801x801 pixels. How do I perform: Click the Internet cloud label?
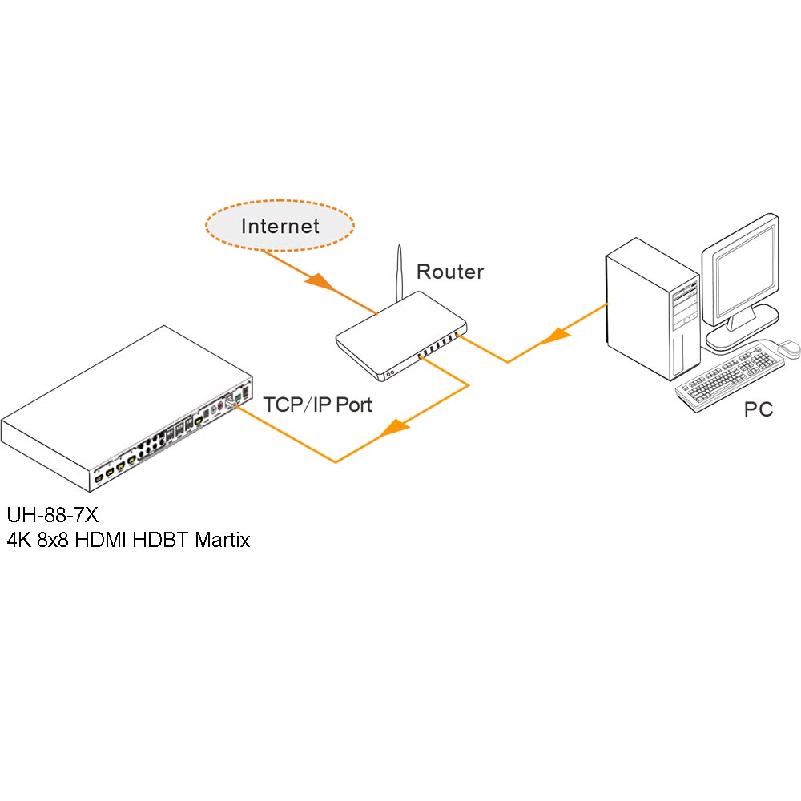coord(280,226)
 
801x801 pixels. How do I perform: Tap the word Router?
coord(450,272)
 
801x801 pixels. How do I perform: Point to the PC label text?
coord(758,410)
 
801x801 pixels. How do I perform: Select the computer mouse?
coord(790,348)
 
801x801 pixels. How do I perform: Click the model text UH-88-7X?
coord(52,513)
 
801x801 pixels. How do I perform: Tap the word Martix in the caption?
coord(222,540)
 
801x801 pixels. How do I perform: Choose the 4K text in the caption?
coord(18,540)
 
